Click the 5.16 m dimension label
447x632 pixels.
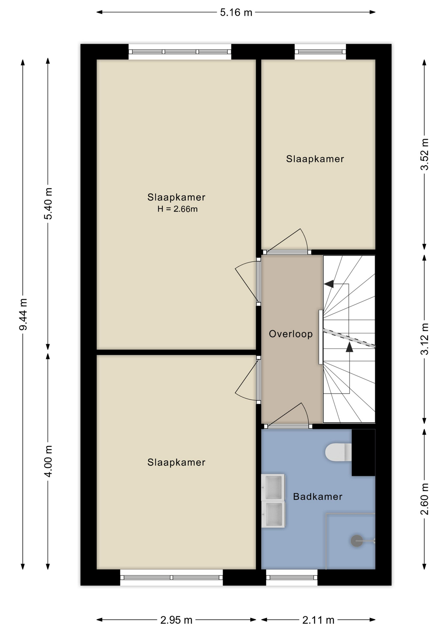pos(236,13)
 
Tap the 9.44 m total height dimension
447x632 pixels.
pos(23,314)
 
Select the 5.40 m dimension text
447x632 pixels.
pos(48,203)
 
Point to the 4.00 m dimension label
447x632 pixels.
pos(48,461)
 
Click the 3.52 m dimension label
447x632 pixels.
pos(425,154)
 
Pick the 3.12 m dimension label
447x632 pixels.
pos(425,339)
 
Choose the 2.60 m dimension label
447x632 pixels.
pos(425,499)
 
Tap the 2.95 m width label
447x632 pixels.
pos(176,620)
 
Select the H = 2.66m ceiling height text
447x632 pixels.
pos(177,209)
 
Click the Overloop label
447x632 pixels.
pos(291,334)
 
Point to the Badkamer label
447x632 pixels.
pos(318,496)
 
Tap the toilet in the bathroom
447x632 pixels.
pos(338,452)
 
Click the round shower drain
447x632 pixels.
pos(357,541)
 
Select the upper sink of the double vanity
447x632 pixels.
pos(273,487)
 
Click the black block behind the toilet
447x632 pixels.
pos(363,453)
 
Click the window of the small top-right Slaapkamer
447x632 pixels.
pos(320,52)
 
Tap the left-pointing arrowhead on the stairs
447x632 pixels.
pos(329,284)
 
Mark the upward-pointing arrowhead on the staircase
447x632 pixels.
pos(349,347)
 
